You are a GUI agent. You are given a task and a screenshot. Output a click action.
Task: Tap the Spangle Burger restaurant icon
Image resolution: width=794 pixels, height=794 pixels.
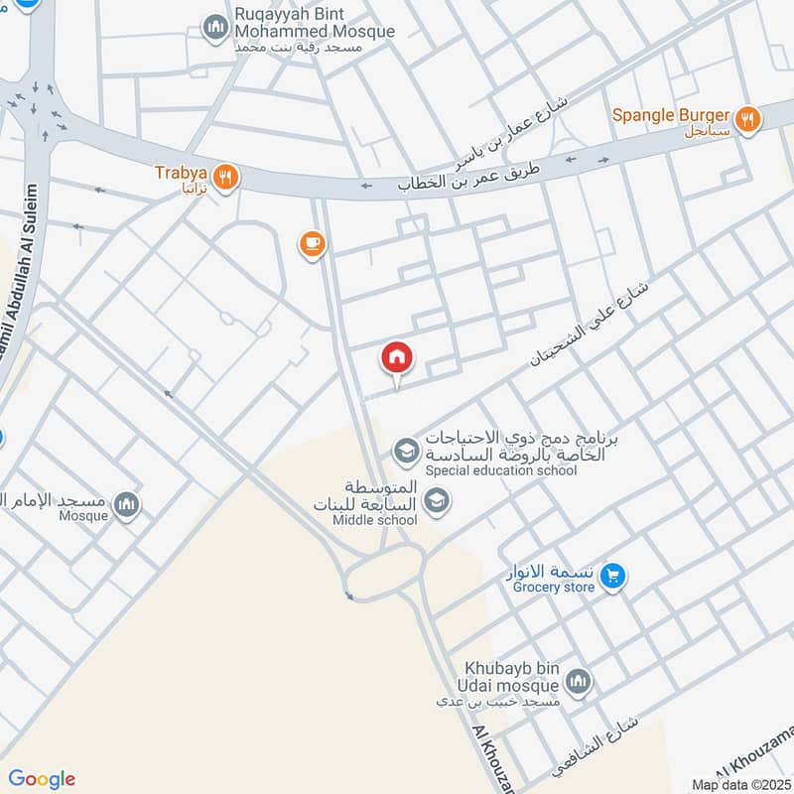click(x=750, y=120)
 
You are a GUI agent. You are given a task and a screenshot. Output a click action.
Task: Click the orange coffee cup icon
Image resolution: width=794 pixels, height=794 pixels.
click(x=312, y=242)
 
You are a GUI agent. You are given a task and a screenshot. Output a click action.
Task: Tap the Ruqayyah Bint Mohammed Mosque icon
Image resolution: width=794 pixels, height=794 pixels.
click(x=215, y=28)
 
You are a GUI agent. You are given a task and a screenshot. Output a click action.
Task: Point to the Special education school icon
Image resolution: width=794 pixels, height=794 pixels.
click(x=405, y=453)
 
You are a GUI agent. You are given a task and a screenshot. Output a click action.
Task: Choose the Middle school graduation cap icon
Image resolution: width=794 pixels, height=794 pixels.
click(x=435, y=503)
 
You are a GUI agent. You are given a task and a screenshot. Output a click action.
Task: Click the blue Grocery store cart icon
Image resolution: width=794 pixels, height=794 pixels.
click(x=613, y=575)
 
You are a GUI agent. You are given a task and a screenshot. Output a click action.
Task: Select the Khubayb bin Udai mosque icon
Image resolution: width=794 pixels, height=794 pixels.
click(x=579, y=681)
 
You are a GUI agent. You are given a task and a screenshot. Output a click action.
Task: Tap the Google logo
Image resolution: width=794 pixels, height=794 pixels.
click(x=42, y=779)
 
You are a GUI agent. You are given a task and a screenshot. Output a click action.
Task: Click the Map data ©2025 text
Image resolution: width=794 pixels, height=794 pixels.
click(x=739, y=784)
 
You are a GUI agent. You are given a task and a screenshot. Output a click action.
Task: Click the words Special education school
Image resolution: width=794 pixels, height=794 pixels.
click(x=501, y=470)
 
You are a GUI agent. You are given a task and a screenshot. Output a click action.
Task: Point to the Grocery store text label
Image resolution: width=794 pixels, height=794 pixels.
click(x=553, y=588)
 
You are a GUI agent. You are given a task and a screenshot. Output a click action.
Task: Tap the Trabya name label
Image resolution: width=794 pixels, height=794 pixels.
click(x=179, y=172)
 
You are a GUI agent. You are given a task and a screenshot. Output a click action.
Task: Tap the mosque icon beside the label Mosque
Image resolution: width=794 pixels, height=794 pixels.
click(x=125, y=505)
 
